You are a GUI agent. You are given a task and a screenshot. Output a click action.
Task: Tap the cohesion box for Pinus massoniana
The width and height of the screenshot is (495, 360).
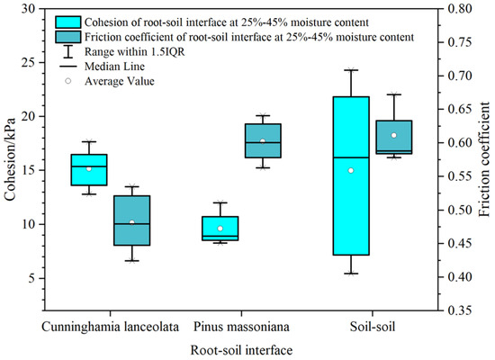pos(220,228)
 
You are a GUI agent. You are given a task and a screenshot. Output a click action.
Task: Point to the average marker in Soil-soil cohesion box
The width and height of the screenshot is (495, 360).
pos(351,170)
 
